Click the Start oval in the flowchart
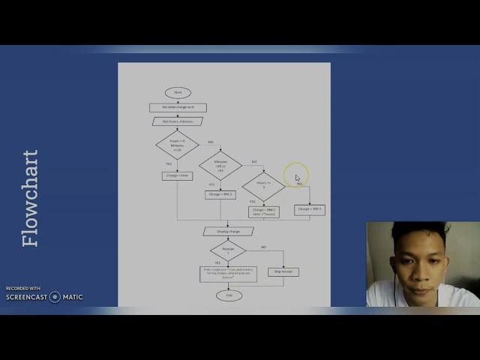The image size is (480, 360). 178,93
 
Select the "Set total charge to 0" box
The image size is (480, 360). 178,107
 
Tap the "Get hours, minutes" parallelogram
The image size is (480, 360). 178,121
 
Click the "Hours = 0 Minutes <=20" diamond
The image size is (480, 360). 177,145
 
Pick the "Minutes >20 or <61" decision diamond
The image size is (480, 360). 220,165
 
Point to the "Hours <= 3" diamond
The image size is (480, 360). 263,185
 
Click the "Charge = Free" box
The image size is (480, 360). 177,176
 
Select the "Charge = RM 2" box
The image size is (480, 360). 220,195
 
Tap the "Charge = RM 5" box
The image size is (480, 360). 310,210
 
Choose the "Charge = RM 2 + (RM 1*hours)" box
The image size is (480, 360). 264,212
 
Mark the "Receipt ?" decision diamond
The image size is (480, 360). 228,250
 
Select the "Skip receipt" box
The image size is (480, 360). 283,271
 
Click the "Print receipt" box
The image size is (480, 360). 228,274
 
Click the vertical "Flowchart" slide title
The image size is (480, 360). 31,198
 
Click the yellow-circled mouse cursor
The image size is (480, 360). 296,178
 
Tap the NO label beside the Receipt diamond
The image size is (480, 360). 263,247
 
